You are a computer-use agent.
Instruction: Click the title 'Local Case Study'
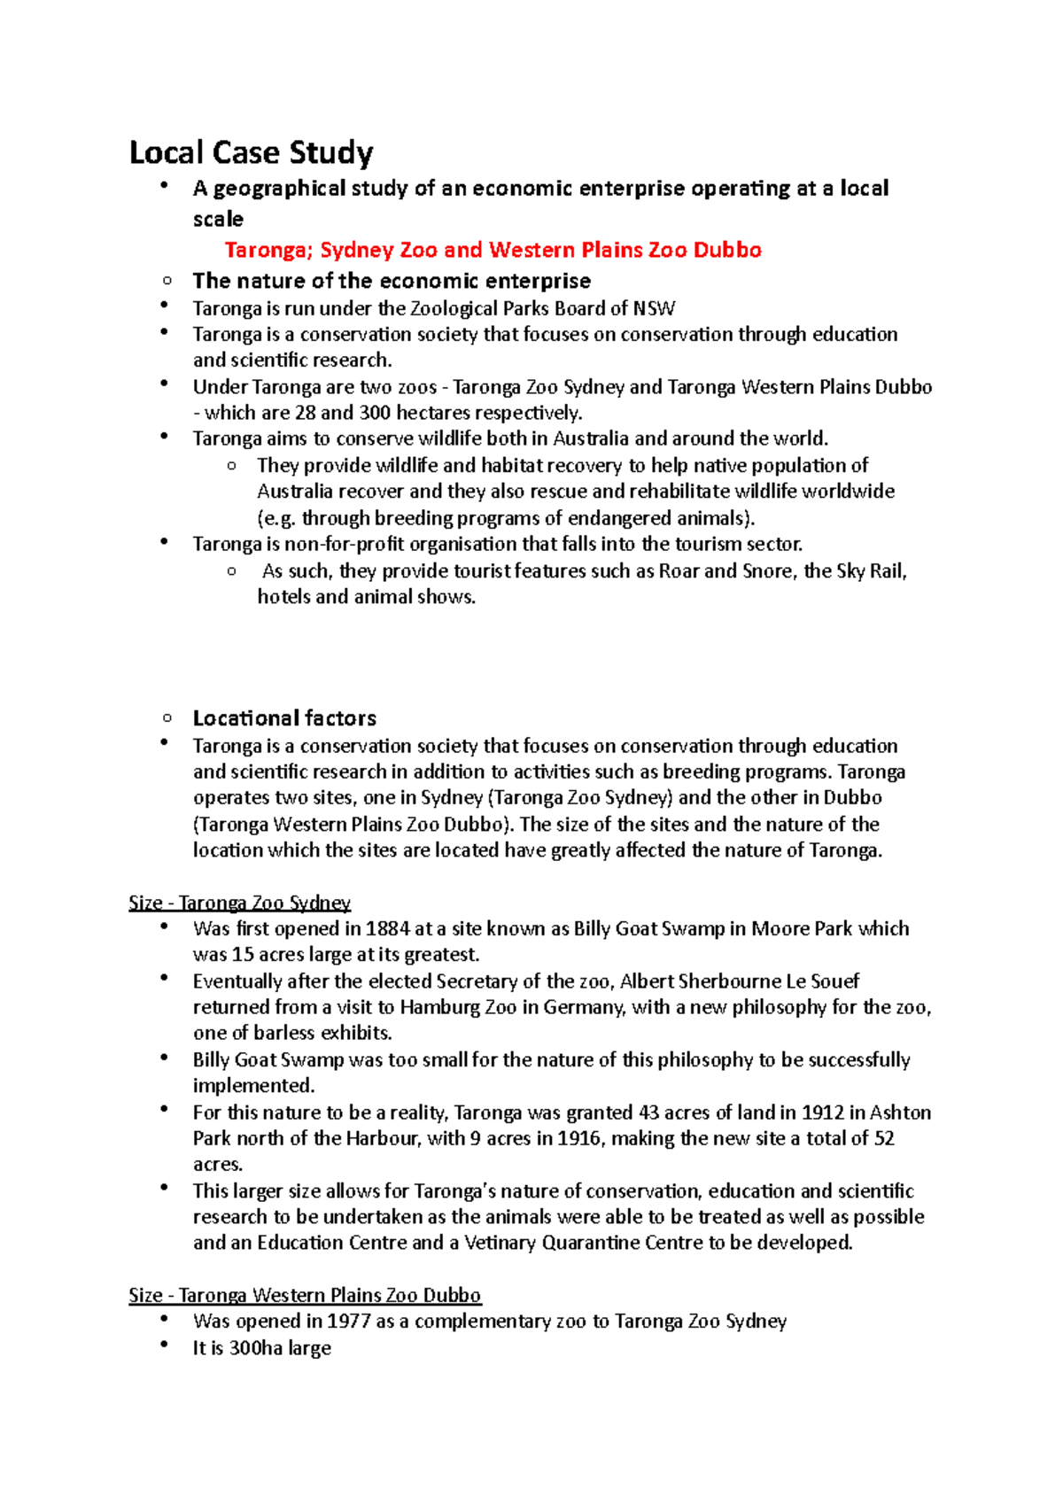251,152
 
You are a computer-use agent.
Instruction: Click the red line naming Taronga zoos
493,250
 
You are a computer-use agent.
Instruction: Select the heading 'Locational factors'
284,717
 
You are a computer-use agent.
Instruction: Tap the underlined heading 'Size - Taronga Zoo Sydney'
239,903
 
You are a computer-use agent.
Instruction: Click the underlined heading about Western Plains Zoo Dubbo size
305,1295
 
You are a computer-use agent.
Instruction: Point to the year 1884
388,928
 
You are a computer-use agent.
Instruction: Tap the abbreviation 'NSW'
655,308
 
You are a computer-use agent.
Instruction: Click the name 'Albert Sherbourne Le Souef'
740,981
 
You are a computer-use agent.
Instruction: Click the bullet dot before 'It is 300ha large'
164,1345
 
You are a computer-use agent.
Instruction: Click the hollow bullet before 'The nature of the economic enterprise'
167,281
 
